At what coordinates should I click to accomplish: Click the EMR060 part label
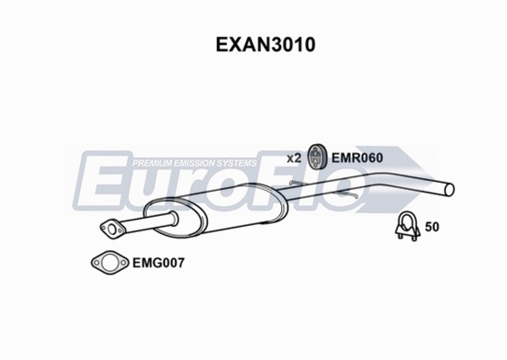[358, 157]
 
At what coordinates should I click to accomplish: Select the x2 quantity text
[294, 157]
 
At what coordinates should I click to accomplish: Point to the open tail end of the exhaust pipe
[449, 188]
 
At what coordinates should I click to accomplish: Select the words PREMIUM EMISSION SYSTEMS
[195, 163]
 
